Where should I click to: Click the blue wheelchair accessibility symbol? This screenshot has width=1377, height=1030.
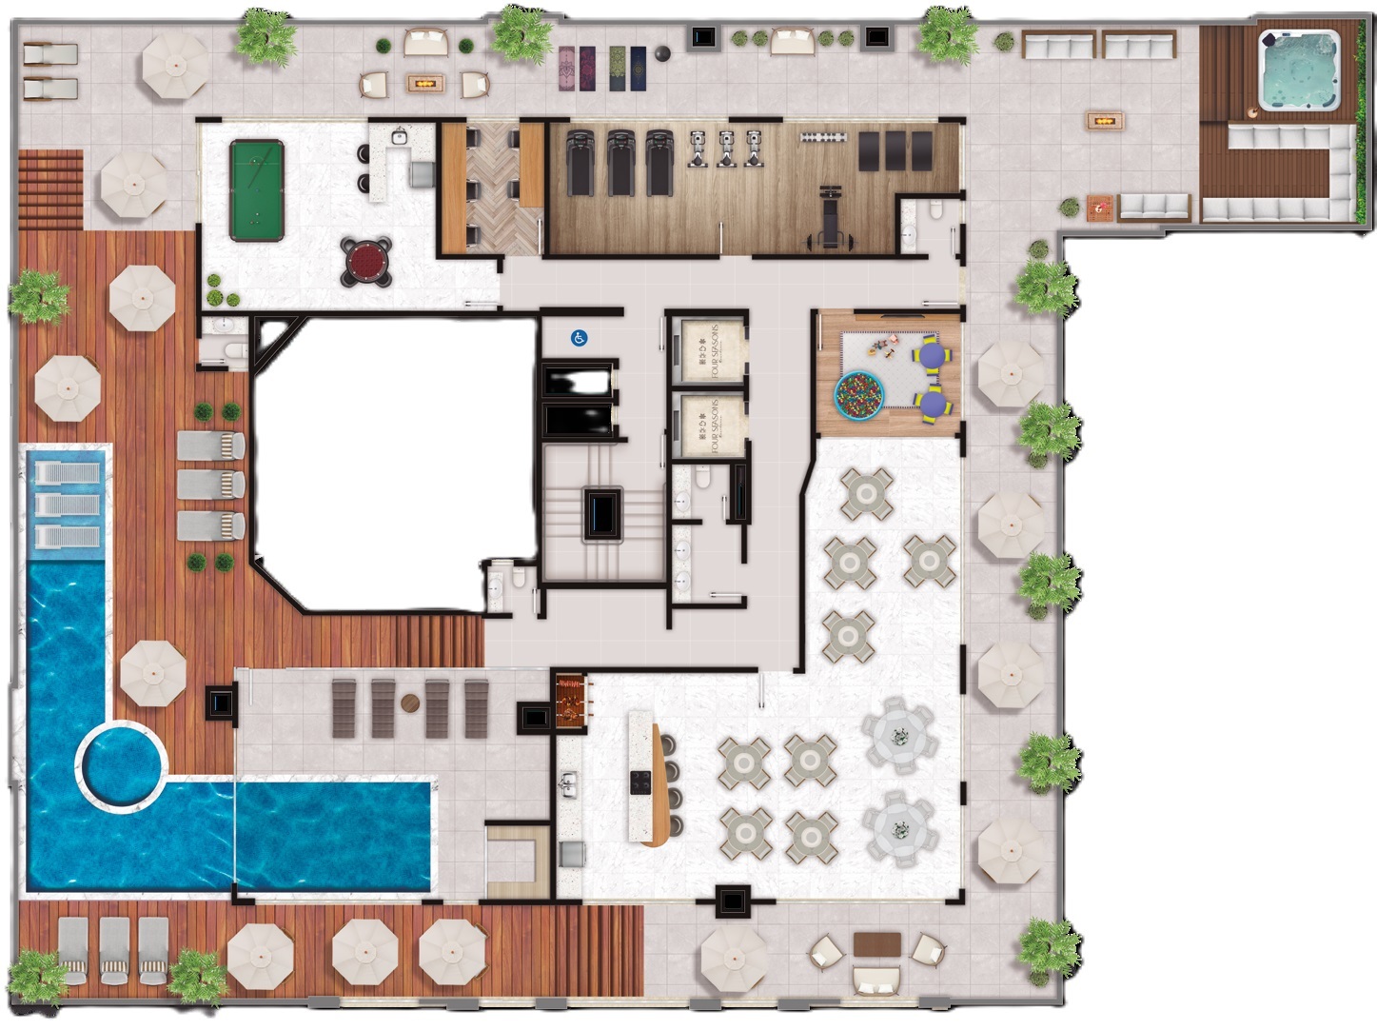click(579, 337)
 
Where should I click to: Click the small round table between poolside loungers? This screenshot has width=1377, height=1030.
click(410, 703)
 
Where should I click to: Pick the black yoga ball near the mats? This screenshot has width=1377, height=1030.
click(663, 54)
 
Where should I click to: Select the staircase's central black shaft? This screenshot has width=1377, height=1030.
click(603, 515)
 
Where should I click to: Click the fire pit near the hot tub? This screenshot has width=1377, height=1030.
click(1105, 121)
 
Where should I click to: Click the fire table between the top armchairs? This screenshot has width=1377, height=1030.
click(424, 84)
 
